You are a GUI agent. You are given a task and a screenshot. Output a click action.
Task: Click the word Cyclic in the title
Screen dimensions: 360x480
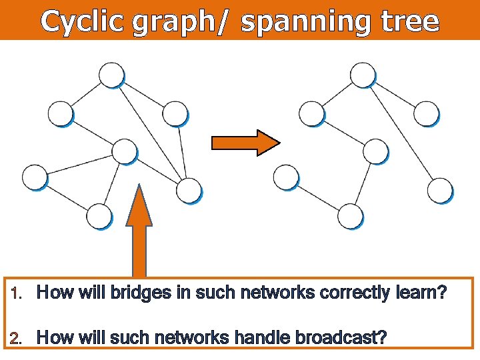tap(83, 22)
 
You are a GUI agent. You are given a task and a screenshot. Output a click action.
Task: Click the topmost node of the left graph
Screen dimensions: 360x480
tap(111, 75)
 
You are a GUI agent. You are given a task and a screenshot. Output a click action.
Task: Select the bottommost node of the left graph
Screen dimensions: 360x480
tap(99, 217)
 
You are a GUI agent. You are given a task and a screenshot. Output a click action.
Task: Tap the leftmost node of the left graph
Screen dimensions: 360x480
tap(35, 177)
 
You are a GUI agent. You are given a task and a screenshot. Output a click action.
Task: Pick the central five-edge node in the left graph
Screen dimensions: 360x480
tap(124, 151)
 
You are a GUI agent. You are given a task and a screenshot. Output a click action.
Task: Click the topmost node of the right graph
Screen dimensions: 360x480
tap(363, 75)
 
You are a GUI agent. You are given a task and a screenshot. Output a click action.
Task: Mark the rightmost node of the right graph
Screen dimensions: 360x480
tap(440, 190)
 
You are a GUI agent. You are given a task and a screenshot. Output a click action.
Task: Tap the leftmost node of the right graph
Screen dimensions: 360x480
tap(286, 177)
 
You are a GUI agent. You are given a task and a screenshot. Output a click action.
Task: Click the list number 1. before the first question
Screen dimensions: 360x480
tap(19, 293)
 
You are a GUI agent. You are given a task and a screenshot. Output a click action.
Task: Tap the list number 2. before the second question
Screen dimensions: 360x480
tap(19, 338)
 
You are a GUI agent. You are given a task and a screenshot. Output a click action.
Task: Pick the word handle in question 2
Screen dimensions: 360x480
tap(255, 338)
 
